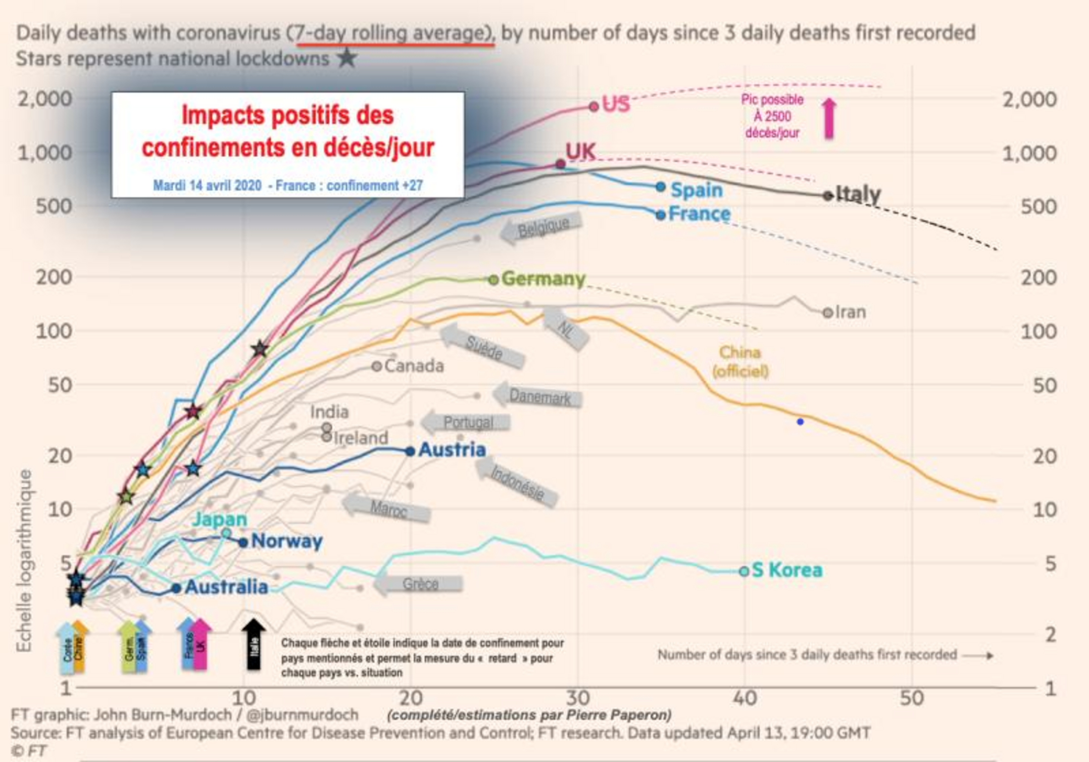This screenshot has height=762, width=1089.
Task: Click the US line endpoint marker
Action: click(594, 106)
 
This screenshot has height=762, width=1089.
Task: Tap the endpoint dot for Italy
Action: click(828, 195)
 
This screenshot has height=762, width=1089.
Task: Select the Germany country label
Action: click(544, 279)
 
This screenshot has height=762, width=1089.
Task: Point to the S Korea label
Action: click(787, 570)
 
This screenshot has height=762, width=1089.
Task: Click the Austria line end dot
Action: click(410, 451)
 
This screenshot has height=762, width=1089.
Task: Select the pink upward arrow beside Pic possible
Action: click(829, 118)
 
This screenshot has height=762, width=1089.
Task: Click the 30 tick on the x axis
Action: click(578, 698)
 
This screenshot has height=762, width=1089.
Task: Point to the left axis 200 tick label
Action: click(54, 277)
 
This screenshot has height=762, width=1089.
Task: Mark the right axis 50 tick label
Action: click(1044, 385)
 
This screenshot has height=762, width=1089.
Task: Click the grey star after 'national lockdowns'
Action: click(347, 58)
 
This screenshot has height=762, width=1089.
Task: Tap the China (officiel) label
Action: click(740, 362)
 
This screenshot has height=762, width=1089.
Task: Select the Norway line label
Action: click(287, 541)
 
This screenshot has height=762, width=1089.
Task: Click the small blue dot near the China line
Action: click(800, 422)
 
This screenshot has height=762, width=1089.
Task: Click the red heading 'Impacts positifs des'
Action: click(288, 115)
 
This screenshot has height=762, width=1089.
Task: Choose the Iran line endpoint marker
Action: click(828, 312)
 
